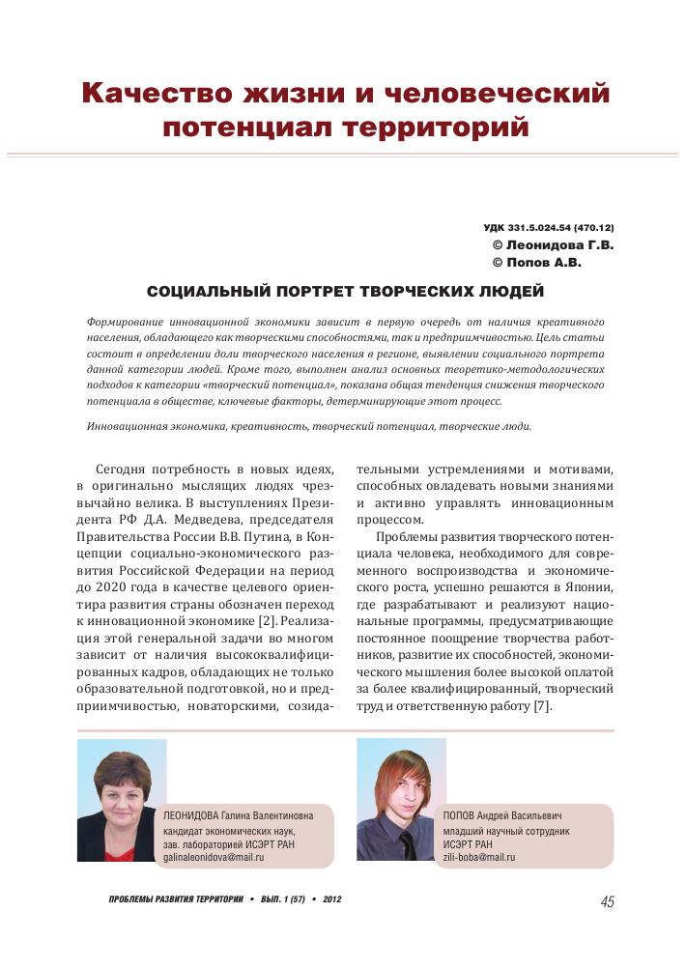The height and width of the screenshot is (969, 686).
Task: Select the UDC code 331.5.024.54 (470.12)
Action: pyautogui.click(x=548, y=227)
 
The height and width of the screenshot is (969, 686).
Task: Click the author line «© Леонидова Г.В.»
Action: pyautogui.click(x=553, y=244)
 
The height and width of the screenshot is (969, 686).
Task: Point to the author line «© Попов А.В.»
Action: pyautogui.click(x=537, y=262)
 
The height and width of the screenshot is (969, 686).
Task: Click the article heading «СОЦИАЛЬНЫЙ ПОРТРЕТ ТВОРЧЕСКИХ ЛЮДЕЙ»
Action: pyautogui.click(x=345, y=291)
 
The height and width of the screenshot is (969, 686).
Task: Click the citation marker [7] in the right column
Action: pyautogui.click(x=542, y=706)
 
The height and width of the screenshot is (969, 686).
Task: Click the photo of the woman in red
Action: pyautogui.click(x=122, y=801)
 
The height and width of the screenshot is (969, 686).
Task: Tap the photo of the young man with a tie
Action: pyautogui.click(x=401, y=801)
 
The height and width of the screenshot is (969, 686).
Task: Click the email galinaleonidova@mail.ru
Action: pyautogui.click(x=214, y=857)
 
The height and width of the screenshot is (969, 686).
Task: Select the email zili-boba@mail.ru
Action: pyautogui.click(x=479, y=857)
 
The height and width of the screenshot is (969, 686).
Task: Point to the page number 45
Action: pyautogui.click(x=606, y=902)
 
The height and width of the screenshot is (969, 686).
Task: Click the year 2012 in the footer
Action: pyautogui.click(x=332, y=899)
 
